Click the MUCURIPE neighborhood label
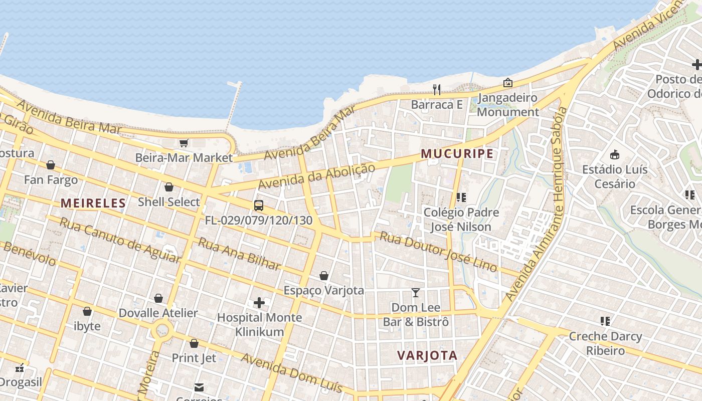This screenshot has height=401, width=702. (457, 153)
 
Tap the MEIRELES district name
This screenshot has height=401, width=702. (93, 203)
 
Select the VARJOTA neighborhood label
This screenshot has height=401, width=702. (427, 355)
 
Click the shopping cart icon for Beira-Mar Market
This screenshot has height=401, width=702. (184, 143)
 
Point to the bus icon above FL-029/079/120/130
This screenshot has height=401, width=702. (259, 205)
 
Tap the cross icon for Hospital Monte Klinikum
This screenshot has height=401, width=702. (259, 302)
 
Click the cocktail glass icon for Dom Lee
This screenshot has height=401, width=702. (416, 292)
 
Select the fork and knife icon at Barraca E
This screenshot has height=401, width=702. (437, 90)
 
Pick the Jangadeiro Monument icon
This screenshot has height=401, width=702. (508, 83)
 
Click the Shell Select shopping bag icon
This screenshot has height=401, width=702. (169, 187)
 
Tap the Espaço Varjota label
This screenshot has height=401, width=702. (324, 290)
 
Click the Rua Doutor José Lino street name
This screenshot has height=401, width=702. (438, 252)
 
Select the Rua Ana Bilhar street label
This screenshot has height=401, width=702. (239, 254)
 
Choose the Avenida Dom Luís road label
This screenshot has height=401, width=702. (292, 373)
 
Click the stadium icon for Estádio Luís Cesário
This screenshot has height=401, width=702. (615, 154)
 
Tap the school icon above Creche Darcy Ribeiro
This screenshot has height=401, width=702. (605, 321)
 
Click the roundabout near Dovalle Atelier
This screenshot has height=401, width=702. (162, 331)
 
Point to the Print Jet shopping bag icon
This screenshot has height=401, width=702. (194, 343)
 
